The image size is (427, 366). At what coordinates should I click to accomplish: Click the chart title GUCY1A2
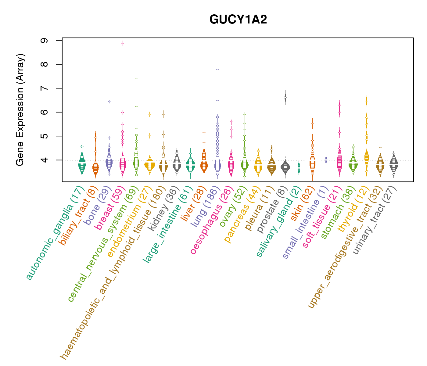(x=238, y=20)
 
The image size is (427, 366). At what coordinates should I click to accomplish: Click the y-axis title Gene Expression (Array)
(x=20, y=110)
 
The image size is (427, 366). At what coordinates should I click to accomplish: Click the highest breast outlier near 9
(x=123, y=43)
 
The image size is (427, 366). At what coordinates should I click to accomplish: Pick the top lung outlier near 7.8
(x=217, y=69)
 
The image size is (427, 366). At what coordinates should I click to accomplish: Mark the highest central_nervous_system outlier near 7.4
(x=136, y=78)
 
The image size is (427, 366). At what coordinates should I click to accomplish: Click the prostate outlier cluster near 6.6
(x=285, y=97)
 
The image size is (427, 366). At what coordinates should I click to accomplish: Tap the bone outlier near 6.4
(x=109, y=101)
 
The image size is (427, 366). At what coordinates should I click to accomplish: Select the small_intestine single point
(x=326, y=159)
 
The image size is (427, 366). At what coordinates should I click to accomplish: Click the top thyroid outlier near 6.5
(x=367, y=101)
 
